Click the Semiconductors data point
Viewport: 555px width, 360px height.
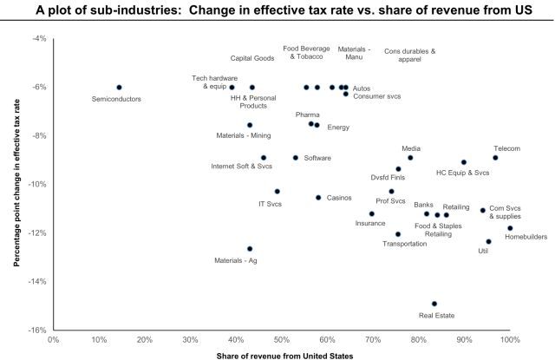click(119, 88)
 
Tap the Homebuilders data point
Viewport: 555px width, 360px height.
click(510, 228)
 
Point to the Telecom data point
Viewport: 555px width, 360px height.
click(495, 158)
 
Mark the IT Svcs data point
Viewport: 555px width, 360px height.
click(277, 192)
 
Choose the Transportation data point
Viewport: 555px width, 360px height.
click(398, 234)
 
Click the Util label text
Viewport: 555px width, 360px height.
click(484, 252)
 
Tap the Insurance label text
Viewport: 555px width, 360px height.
click(370, 224)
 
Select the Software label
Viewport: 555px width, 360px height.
click(317, 158)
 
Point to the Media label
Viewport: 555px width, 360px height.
click(412, 148)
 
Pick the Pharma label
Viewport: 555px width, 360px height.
click(307, 115)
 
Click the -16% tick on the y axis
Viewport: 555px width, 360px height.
click(40, 330)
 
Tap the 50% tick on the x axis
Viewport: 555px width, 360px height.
click(281, 340)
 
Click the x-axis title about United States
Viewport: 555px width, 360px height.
click(281, 354)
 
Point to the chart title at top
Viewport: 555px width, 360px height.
click(277, 10)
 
